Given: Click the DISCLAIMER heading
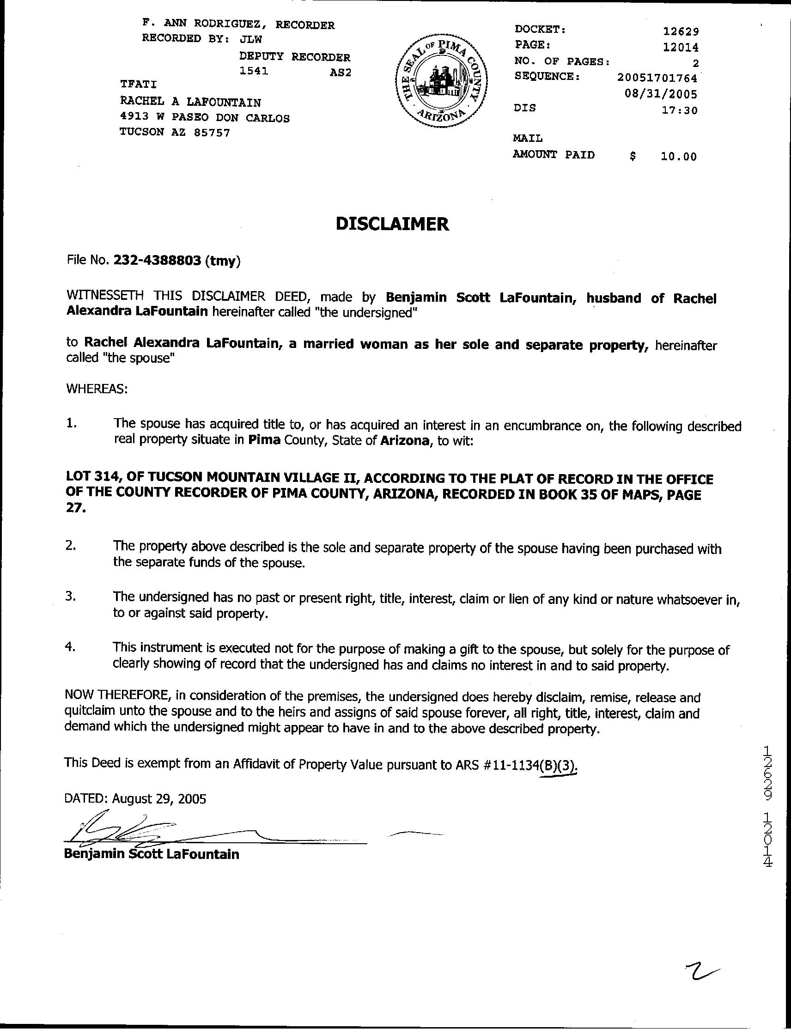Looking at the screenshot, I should (x=392, y=224).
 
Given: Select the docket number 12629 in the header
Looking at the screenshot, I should (x=681, y=31).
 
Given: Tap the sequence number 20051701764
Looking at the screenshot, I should (x=657, y=77).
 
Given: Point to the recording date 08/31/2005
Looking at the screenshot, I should (x=661, y=94).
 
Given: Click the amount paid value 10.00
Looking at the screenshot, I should (x=678, y=157).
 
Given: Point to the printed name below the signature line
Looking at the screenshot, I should (x=152, y=854).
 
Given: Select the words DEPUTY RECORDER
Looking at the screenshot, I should (x=295, y=57).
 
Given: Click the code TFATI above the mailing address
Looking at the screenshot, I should (x=139, y=84).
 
